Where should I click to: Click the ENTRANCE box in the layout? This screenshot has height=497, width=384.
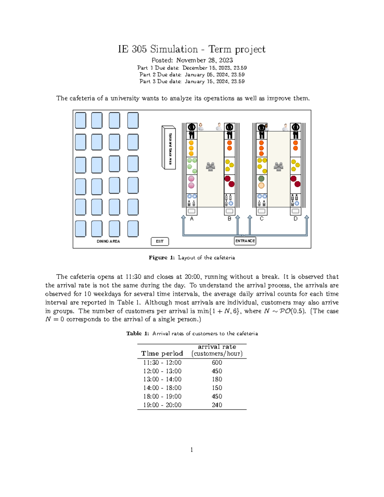tap(245, 241)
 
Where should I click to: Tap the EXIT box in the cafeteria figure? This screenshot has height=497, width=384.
tap(160, 241)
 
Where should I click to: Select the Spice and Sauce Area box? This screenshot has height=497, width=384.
tap(169, 148)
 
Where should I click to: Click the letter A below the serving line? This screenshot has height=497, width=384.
tap(192, 219)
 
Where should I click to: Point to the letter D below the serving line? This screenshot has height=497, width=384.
tap(295, 219)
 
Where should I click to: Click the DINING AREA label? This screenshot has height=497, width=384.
tap(108, 241)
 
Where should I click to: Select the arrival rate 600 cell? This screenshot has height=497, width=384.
tap(217, 363)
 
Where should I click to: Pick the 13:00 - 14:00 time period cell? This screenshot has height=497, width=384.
tap(162, 379)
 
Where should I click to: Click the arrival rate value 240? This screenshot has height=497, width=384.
tap(217, 405)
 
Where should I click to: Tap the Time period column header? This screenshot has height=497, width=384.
tap(162, 353)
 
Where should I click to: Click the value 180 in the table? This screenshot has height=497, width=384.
tap(217, 379)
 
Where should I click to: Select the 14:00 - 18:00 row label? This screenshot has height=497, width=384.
tap(162, 388)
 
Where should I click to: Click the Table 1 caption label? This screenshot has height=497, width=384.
tap(138, 333)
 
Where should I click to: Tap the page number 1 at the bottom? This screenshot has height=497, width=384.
tap(192, 450)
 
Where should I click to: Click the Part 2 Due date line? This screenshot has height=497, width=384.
tap(192, 75)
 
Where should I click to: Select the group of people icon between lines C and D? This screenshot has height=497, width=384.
tap(278, 166)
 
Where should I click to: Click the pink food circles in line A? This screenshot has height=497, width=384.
tap(191, 182)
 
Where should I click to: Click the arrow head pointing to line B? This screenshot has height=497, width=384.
tap(237, 217)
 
